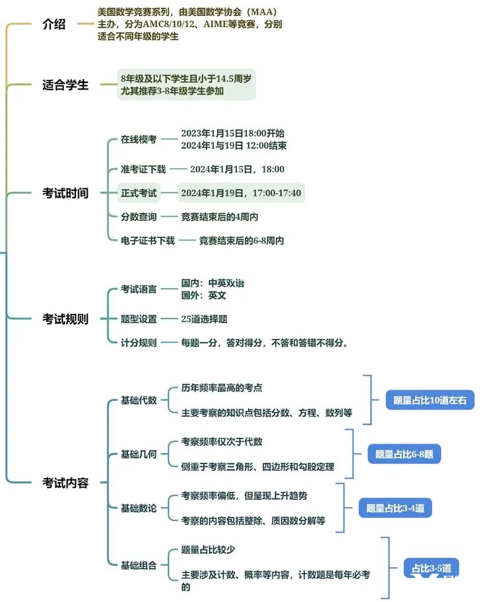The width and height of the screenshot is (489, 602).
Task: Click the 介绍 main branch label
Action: (54, 26)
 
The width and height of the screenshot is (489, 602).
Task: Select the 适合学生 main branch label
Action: (65, 85)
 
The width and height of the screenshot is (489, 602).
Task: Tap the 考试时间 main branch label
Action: (65, 193)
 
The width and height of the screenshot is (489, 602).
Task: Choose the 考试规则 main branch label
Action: (65, 319)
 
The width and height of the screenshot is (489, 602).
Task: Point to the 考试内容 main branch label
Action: (65, 483)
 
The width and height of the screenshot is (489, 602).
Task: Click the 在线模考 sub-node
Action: (139, 139)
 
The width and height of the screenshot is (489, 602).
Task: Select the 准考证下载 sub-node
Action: (143, 169)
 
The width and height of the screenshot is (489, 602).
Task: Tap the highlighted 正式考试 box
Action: (139, 193)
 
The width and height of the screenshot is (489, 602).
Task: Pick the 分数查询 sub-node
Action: (139, 216)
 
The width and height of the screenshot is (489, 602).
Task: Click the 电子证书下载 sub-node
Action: (148, 241)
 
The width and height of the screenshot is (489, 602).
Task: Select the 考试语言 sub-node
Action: (139, 289)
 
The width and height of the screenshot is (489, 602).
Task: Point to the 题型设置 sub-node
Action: (139, 319)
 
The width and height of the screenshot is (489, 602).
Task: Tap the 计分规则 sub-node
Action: (139, 343)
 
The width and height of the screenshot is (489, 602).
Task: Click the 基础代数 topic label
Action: (139, 400)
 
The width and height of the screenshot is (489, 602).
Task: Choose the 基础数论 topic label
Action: (139, 508)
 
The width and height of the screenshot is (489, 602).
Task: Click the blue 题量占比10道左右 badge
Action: (430, 400)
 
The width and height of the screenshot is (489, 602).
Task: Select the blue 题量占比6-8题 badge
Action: (404, 454)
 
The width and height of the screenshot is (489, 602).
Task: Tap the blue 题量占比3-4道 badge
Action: (395, 508)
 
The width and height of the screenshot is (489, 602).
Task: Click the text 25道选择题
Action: (205, 319)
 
